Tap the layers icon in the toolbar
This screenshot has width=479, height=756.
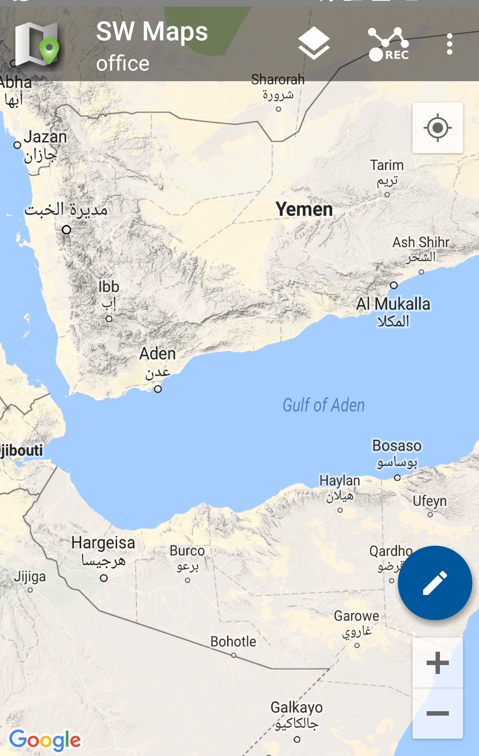314,43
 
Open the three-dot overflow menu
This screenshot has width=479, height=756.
450,44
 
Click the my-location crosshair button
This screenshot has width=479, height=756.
437,128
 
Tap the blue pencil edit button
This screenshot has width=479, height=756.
435,583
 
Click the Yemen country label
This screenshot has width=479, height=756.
304,209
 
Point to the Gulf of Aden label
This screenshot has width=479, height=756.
324,405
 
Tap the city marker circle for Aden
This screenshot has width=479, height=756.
158,389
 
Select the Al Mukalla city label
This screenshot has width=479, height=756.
393,304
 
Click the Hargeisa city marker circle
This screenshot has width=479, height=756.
104,578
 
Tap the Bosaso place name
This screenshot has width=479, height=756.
397,445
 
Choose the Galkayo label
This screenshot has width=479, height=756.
297,707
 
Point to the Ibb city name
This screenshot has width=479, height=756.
109,287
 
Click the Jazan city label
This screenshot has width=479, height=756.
45,137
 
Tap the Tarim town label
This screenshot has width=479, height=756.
387,165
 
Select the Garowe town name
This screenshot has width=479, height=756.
357,616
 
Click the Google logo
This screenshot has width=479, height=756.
45,740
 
